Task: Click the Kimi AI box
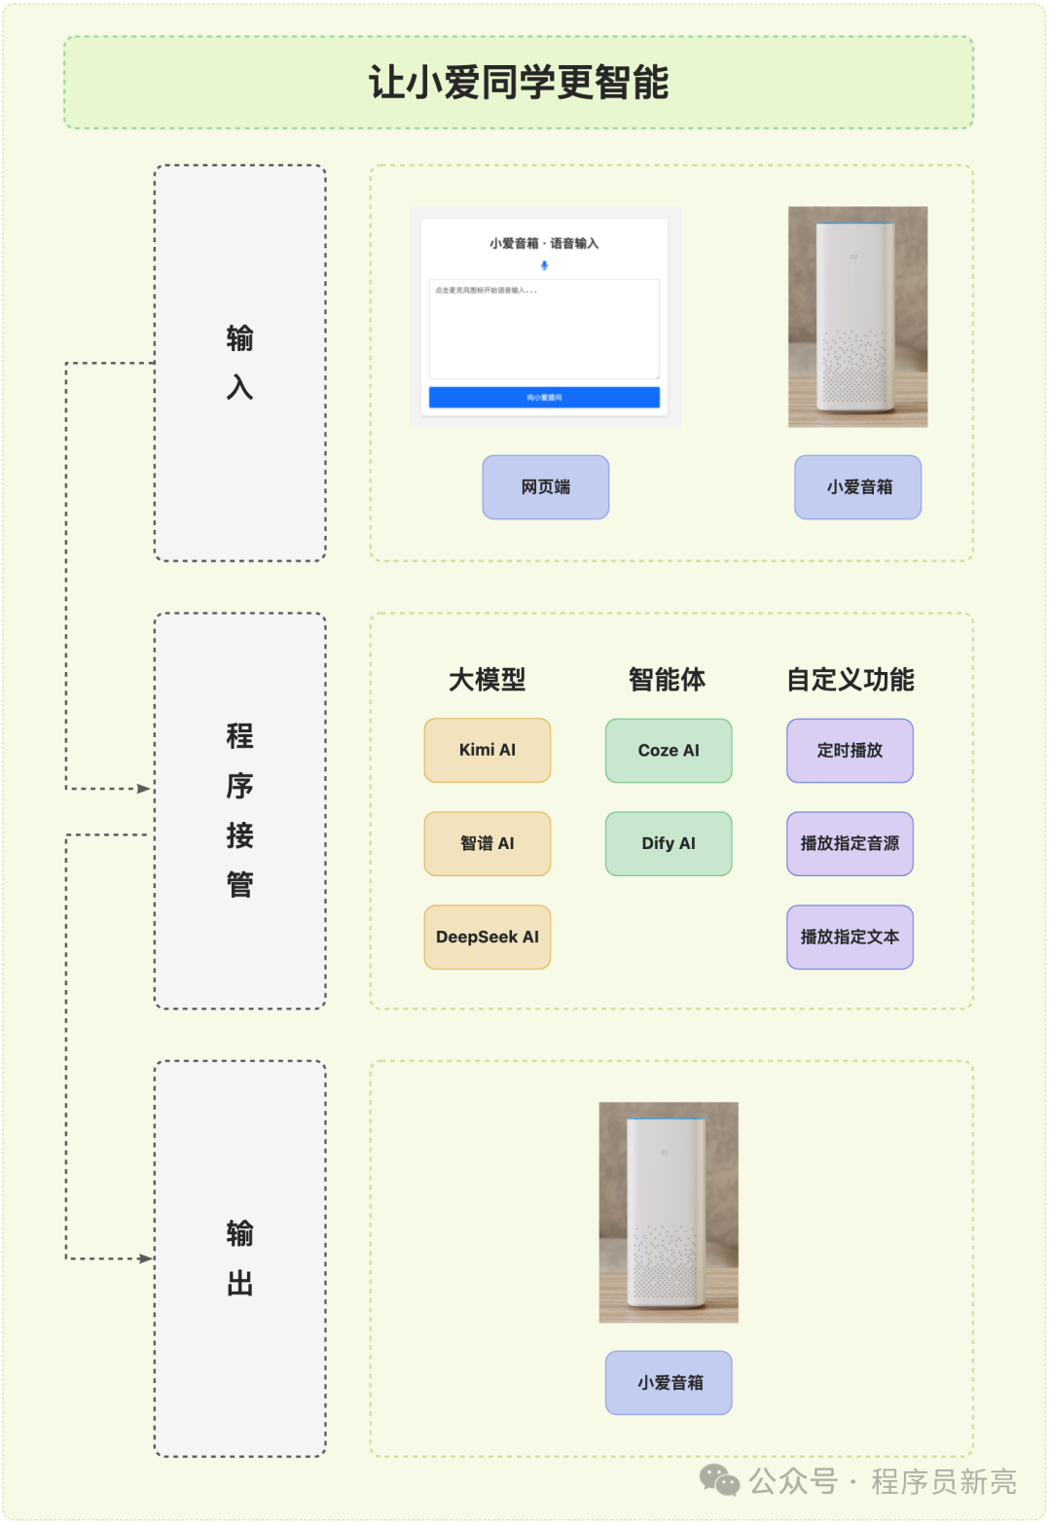(x=487, y=750)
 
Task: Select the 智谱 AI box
(x=487, y=843)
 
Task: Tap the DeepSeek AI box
(x=487, y=937)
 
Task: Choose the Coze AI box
(x=669, y=750)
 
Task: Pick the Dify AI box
(x=669, y=843)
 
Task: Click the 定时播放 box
(x=850, y=750)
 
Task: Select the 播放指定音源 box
(x=850, y=843)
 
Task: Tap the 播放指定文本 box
(x=850, y=937)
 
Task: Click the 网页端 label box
(x=545, y=486)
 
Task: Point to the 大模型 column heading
(x=487, y=679)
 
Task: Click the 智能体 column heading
(x=667, y=679)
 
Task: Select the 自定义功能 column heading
(x=850, y=679)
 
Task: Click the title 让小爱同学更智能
(x=519, y=83)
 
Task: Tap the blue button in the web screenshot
(x=544, y=397)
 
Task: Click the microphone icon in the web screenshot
(x=544, y=266)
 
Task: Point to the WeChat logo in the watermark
(x=719, y=1480)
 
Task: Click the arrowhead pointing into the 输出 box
(x=146, y=1258)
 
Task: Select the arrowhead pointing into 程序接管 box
(x=145, y=789)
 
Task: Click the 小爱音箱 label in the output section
(x=669, y=1382)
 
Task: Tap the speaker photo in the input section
(x=857, y=316)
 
